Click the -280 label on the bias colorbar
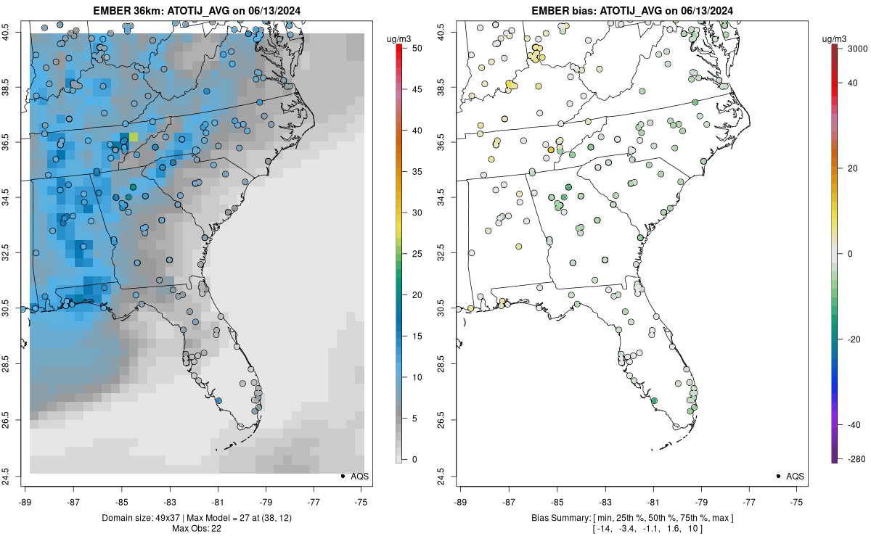coord(851,458)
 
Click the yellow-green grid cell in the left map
coord(134,137)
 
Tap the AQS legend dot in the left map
coord(342,476)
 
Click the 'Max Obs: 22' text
coord(196,528)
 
